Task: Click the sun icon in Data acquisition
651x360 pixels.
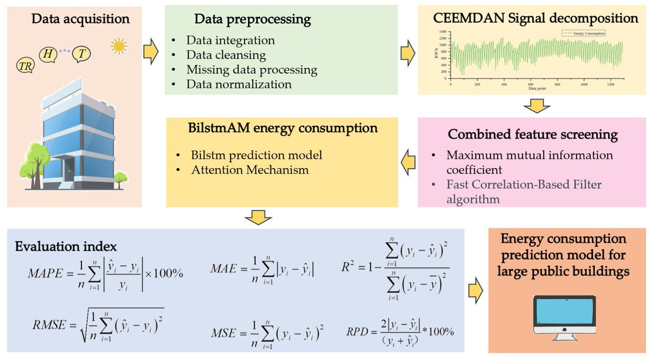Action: coord(118,47)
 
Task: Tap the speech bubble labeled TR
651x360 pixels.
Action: coord(25,66)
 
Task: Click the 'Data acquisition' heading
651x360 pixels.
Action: coord(81,20)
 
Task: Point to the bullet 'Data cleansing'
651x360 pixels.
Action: coord(226,55)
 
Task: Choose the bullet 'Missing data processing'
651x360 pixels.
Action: coord(251,69)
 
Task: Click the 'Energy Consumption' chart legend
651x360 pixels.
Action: coord(583,33)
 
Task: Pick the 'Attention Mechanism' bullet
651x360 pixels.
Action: coord(250,170)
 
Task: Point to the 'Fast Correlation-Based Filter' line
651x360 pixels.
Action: coord(524,185)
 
